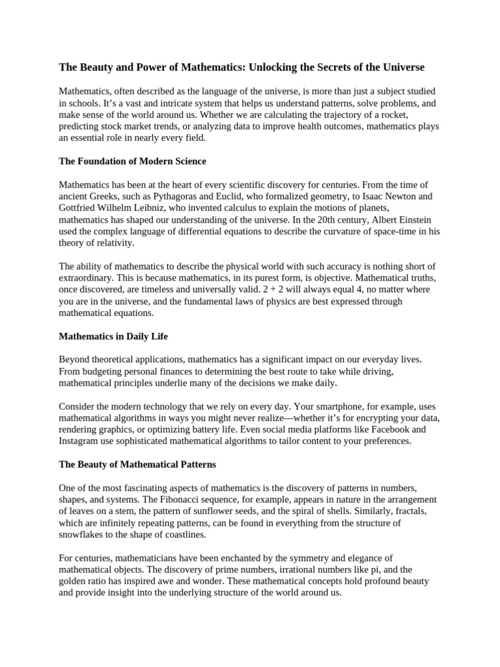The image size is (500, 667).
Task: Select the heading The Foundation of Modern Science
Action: pos(132,161)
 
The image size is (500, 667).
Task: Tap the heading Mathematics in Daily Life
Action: pos(113,336)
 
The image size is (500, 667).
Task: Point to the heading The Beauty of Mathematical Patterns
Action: pos(137,464)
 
